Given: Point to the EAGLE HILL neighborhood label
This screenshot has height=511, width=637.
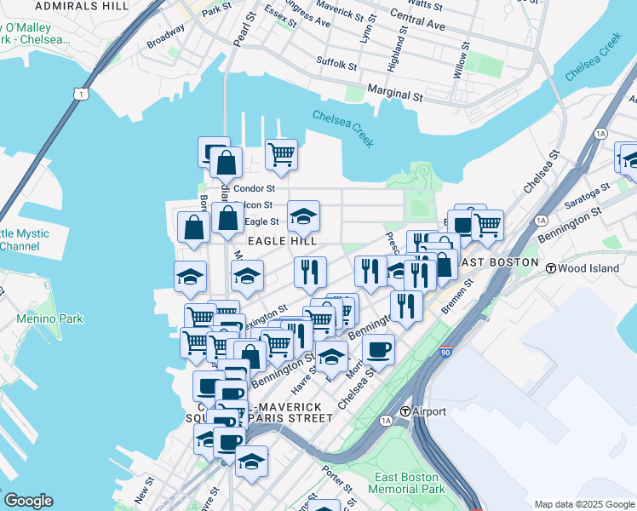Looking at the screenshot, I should [x=276, y=242].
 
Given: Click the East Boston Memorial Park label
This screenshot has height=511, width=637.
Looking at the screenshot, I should [x=406, y=484].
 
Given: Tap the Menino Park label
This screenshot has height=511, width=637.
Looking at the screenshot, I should [x=49, y=319].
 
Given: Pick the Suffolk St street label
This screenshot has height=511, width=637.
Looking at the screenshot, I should [x=336, y=63].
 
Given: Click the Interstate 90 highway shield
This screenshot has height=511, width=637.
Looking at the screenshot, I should [x=445, y=352].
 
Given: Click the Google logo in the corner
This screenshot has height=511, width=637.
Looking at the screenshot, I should [x=27, y=501].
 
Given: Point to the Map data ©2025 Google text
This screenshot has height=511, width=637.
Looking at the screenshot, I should [x=584, y=504].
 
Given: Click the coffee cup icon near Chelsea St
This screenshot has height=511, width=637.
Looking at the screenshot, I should [x=378, y=347].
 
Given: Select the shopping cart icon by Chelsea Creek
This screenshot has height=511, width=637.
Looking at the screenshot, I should [x=281, y=154].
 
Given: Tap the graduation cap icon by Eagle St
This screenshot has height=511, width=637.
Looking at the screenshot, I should [x=303, y=216].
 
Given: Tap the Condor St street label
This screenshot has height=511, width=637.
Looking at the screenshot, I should [x=254, y=188].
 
